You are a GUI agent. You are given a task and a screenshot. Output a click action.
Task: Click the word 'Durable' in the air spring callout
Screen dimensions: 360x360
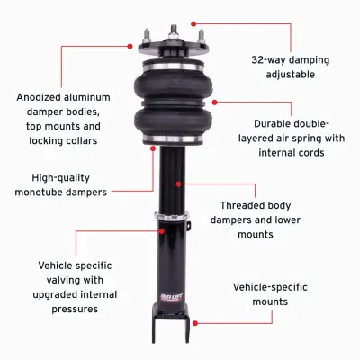[255, 123]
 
